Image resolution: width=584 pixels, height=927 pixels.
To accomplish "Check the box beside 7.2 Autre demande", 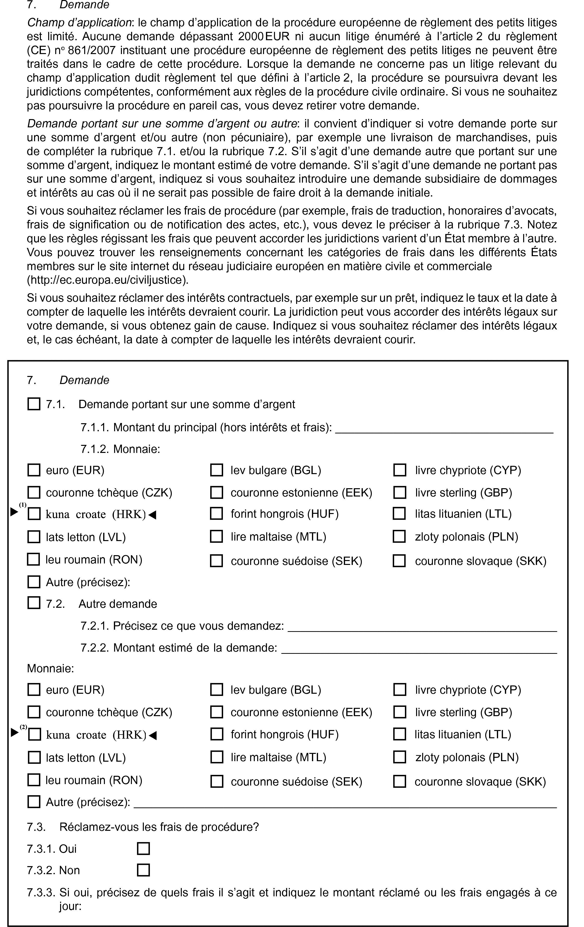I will (34, 603).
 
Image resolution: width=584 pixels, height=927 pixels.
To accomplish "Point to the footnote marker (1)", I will (23, 505).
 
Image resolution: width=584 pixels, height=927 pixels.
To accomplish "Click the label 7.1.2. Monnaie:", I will (120, 449).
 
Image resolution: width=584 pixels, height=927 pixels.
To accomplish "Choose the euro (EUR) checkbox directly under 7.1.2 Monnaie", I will (34, 470).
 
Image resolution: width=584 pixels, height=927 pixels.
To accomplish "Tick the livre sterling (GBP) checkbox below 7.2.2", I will (400, 712).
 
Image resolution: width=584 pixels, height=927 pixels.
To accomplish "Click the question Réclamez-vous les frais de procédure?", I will (159, 827).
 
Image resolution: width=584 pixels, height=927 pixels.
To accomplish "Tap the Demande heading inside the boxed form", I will (84, 380).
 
